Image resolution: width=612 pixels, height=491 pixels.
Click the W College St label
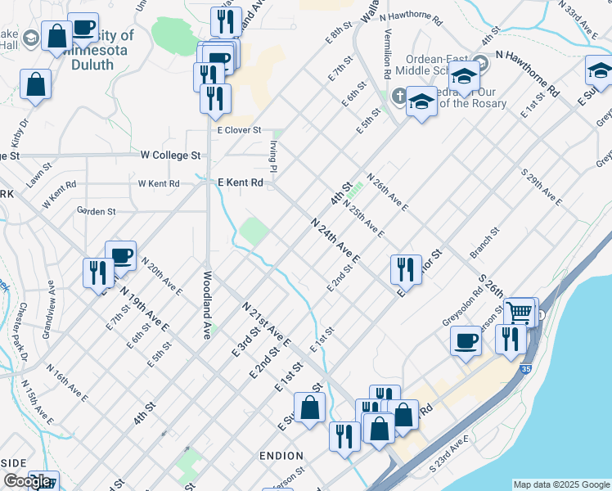(170, 155)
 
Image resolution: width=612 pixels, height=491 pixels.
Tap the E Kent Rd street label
(239, 183)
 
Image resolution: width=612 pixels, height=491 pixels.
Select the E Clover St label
(238, 130)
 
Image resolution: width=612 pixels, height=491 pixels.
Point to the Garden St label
(96, 211)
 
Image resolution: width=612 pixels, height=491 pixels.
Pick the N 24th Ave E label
(335, 241)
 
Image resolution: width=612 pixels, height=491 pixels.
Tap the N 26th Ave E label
(387, 191)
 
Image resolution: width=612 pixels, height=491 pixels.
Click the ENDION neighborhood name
(281, 456)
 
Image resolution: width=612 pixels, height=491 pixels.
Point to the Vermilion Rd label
(386, 54)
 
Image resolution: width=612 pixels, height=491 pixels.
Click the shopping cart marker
(520, 313)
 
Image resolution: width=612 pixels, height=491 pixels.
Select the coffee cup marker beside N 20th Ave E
(120, 256)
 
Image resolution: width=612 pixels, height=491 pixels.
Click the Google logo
(27, 481)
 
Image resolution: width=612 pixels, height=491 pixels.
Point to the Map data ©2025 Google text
(561, 484)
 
